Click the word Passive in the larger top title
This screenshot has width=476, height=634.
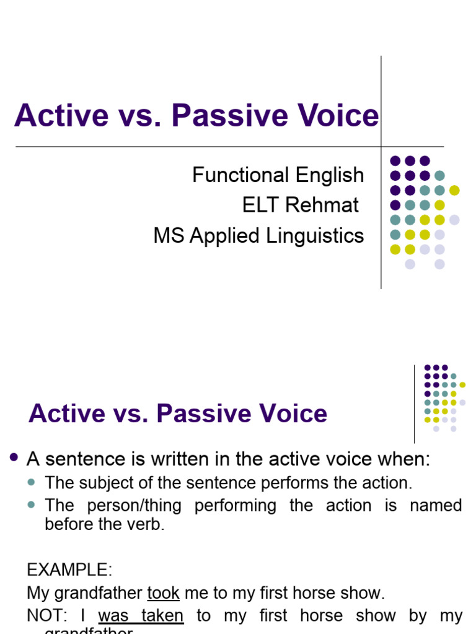pos(233,116)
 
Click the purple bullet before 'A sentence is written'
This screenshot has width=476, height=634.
pos(15,458)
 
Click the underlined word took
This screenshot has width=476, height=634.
pos(163,593)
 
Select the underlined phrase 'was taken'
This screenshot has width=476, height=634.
pos(141,616)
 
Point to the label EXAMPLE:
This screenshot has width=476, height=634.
pos(69,570)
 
